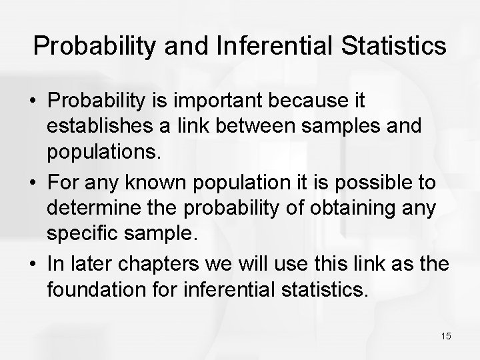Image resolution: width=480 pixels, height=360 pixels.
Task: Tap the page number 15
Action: (x=445, y=336)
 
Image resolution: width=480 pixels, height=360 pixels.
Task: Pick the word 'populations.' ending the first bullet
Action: (x=104, y=154)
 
